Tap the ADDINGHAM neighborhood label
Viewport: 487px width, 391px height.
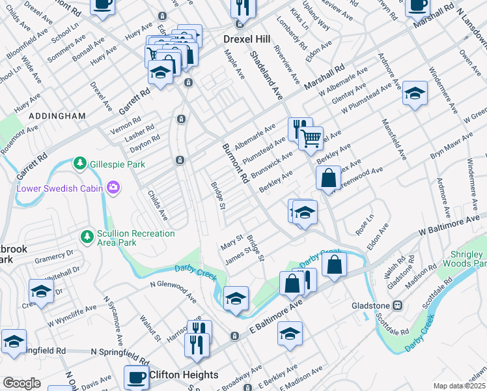coord(57,115)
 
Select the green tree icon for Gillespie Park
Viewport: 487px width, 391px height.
coord(79,162)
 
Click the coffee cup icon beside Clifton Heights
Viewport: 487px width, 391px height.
coord(137,376)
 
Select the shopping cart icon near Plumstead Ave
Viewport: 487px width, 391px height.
coord(312,137)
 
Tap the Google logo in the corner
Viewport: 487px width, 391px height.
coord(21,383)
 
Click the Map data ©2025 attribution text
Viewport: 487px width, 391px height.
coord(460,386)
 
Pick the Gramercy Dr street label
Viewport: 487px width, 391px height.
coord(54,258)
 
